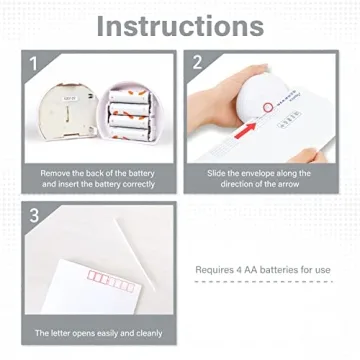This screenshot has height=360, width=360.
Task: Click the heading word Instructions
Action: tap(180, 26)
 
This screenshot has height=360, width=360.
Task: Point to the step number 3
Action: tap(35, 215)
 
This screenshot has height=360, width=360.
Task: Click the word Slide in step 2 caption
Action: tap(218, 173)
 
